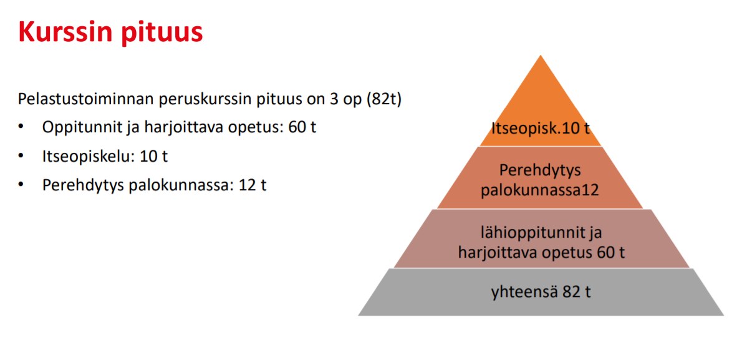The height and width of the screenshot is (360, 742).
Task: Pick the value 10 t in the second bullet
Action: click(x=153, y=157)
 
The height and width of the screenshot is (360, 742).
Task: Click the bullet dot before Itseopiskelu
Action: click(x=21, y=157)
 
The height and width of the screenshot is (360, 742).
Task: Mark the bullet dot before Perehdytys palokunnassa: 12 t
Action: click(x=21, y=185)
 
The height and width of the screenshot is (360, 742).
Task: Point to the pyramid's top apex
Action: click(x=541, y=55)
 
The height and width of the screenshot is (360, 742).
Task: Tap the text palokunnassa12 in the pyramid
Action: click(x=540, y=190)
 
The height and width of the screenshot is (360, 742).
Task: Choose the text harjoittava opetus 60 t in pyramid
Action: click(x=541, y=253)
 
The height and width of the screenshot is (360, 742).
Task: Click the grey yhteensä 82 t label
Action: click(x=541, y=291)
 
